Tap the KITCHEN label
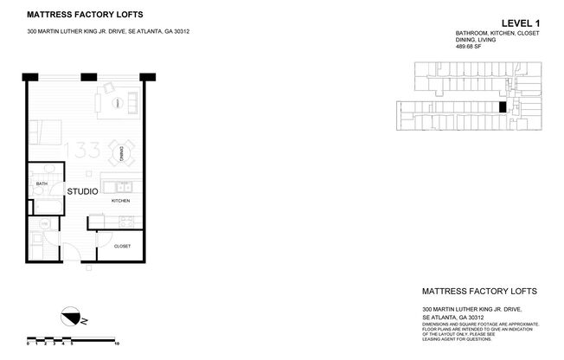coord(120,201)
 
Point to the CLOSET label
coord(122,246)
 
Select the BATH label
coord(41,184)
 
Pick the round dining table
coord(122,153)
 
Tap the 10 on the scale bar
coord(116,343)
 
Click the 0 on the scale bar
coord(29,343)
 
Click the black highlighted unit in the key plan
coord(503,107)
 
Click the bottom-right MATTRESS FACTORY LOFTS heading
coord(478,292)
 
